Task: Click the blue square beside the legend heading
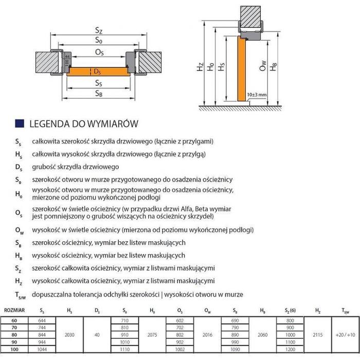coord(20,124)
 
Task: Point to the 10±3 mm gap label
coord(256,95)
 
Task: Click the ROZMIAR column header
coord(13,310)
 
